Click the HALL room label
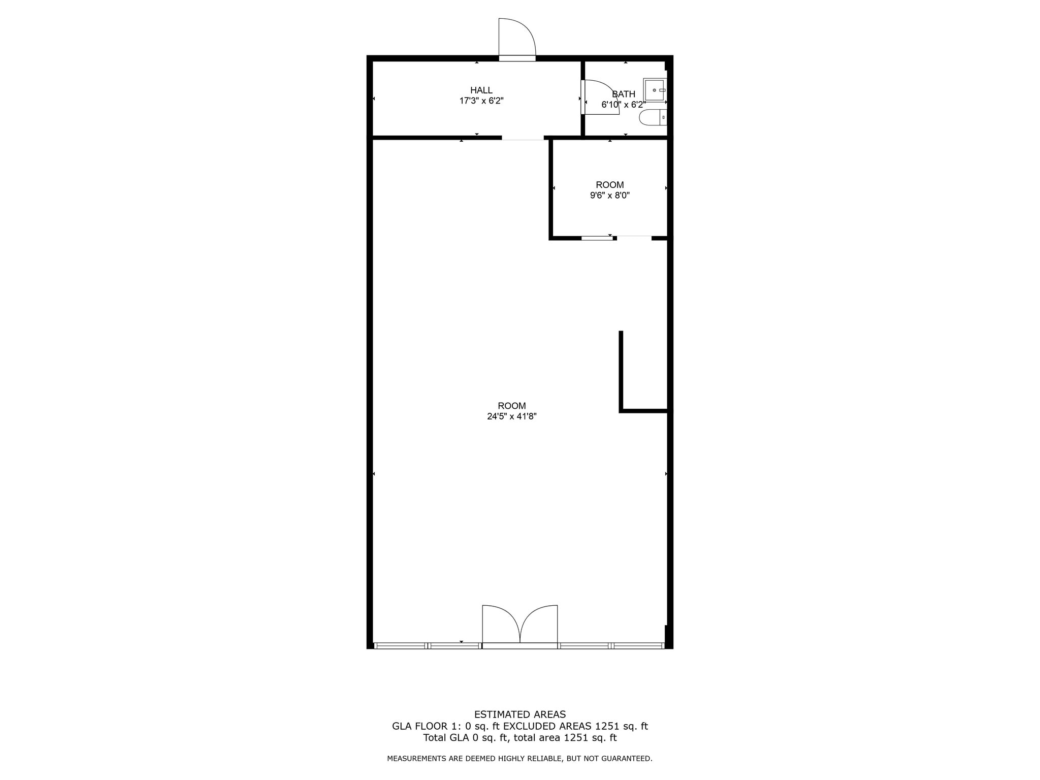click(481, 90)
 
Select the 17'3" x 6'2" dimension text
click(481, 101)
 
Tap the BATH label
click(624, 94)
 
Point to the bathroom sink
click(655, 90)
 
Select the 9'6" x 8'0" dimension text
click(609, 196)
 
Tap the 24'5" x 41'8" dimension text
click(512, 416)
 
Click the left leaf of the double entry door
click(501, 624)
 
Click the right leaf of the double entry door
click(539, 624)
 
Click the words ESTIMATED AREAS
click(520, 714)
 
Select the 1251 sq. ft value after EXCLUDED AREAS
click(622, 726)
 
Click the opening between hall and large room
click(523, 137)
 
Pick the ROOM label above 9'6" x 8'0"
click(609, 185)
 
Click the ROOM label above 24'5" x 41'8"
click(512, 406)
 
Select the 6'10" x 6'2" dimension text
click(624, 105)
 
